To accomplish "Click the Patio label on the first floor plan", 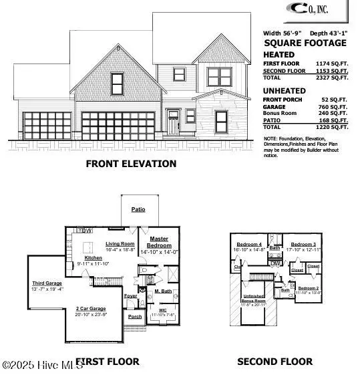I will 138,209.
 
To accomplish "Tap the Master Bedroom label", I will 159,242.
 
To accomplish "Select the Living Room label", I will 120,244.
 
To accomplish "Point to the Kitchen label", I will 93,257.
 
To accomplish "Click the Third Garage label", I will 47,283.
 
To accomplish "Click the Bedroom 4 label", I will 249,245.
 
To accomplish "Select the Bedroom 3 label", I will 303,245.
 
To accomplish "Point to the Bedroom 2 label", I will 308,288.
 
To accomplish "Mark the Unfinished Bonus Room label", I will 253,298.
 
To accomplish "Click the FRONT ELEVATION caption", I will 131,164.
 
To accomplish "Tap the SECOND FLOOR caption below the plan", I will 275,362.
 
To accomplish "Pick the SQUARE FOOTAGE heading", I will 305,43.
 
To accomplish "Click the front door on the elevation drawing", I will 174,124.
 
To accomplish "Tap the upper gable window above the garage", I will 118,84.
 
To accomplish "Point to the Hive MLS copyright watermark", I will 41,364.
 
